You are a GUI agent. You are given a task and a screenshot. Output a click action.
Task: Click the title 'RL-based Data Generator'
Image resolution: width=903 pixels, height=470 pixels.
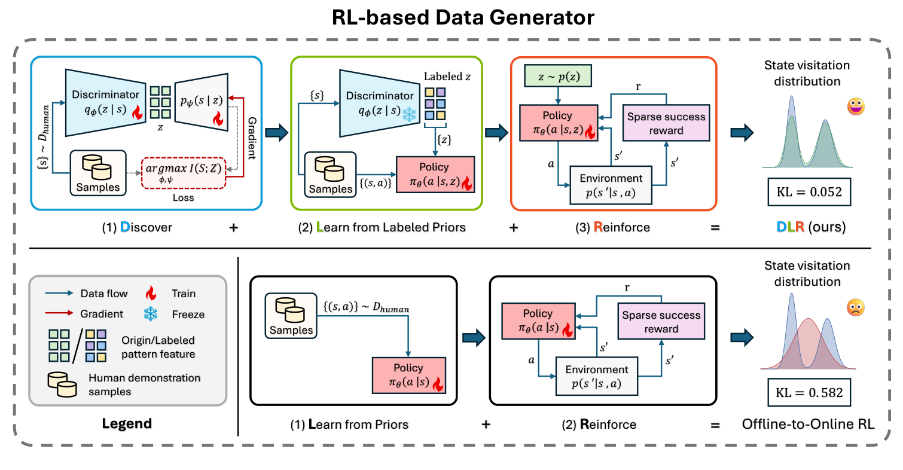click(451, 17)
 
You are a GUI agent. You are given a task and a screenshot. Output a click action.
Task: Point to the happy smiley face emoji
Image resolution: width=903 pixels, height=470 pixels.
click(856, 107)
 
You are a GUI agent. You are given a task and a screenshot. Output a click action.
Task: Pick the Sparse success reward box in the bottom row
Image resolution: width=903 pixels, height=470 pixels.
click(661, 322)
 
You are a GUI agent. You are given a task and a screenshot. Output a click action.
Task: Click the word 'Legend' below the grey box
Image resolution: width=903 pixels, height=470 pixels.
click(127, 424)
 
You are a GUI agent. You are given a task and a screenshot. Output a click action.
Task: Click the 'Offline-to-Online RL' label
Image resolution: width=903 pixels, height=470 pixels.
click(808, 425)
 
